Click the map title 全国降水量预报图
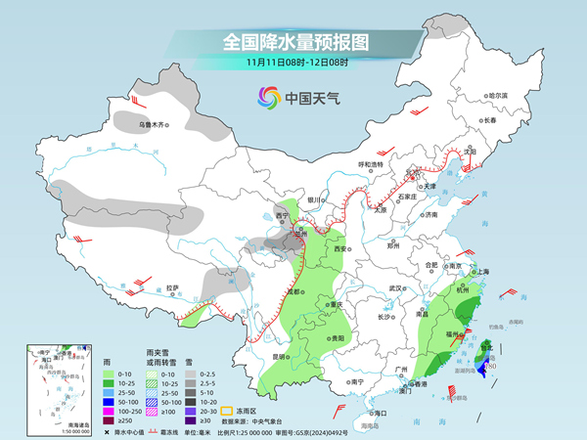point(293,42)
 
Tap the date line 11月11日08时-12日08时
point(293,64)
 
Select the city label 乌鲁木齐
point(153,124)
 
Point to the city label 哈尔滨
point(498,95)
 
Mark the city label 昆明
point(281,356)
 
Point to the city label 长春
point(490,119)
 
